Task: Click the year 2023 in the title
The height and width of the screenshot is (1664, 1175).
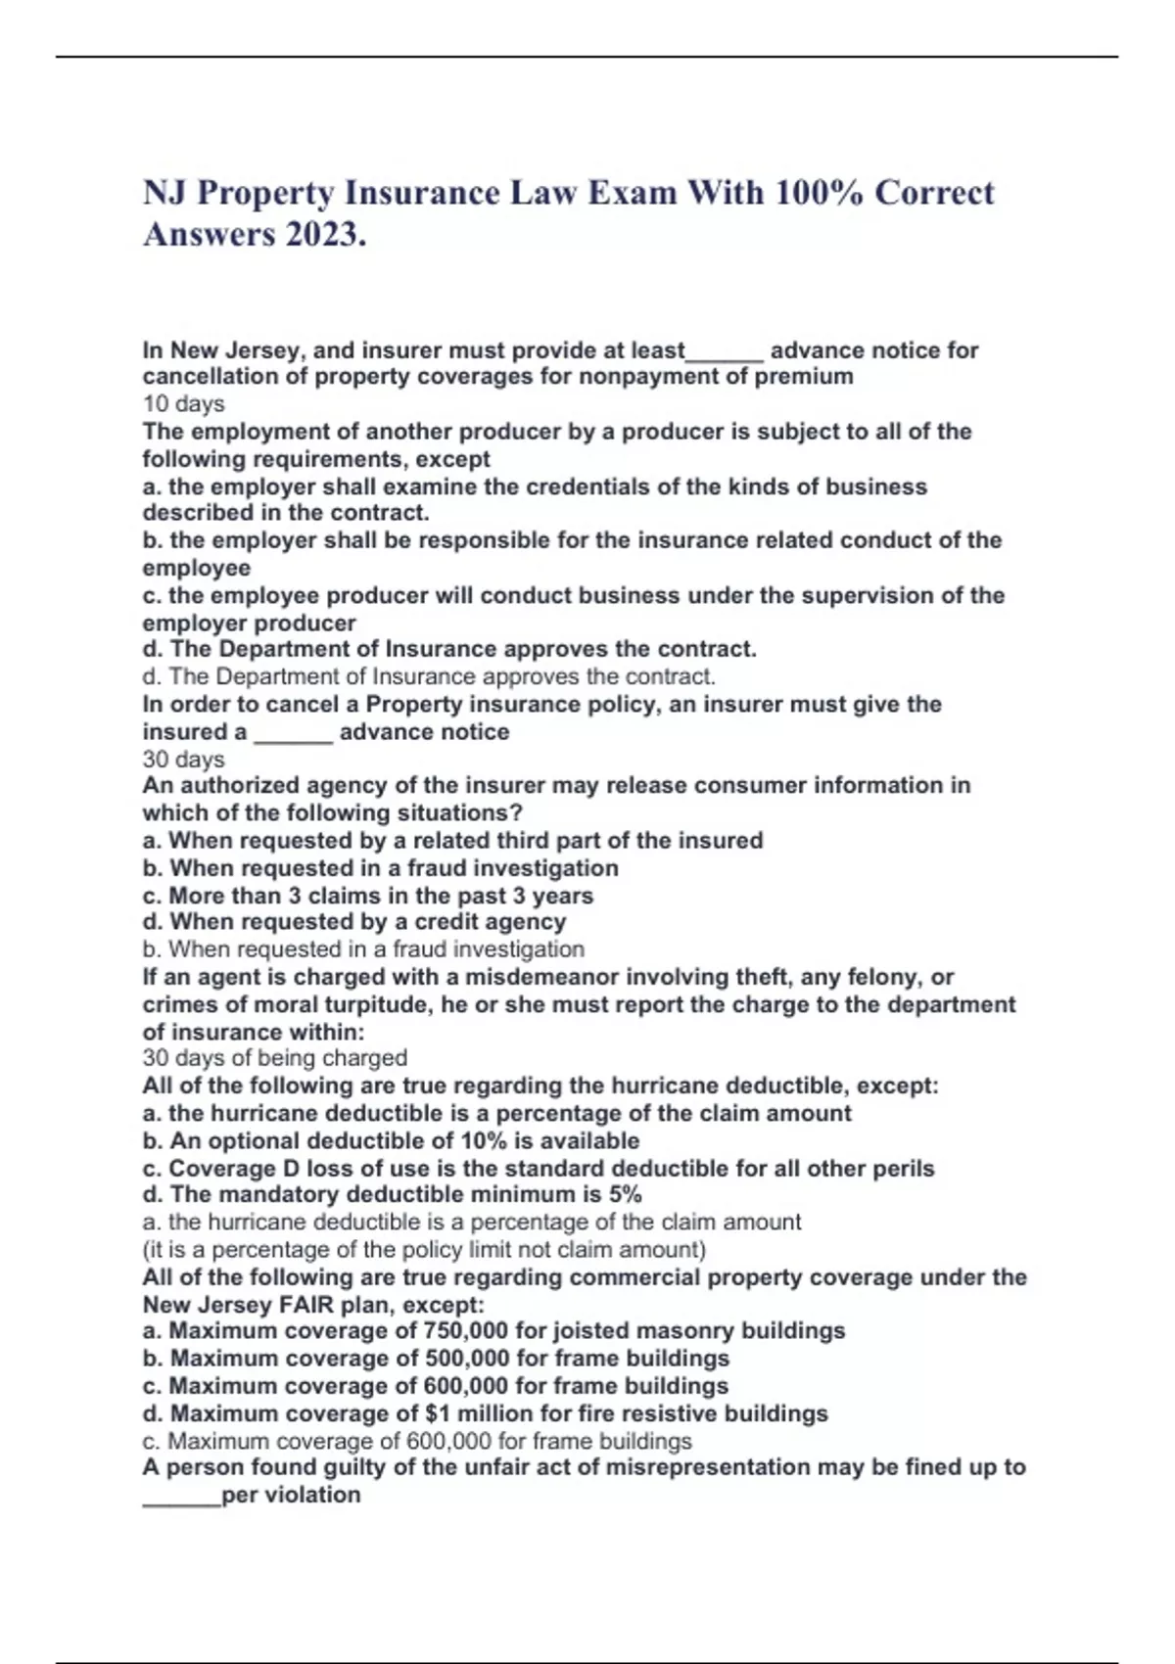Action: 322,235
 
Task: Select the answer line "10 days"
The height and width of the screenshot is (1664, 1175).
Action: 183,404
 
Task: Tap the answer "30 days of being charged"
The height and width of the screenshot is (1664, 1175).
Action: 274,1058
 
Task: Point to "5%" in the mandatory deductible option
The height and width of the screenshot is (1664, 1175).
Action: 625,1195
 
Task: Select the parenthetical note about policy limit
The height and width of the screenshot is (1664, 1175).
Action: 423,1250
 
